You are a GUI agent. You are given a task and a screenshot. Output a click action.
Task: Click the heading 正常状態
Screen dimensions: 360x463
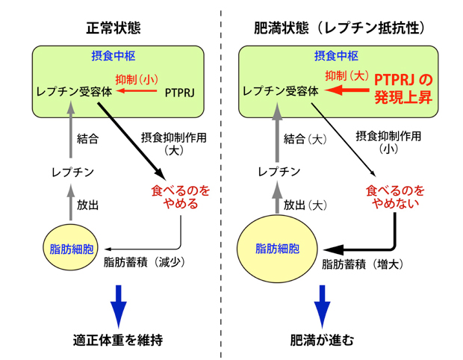114,28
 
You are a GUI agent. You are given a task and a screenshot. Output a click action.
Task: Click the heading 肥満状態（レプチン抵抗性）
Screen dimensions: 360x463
340,28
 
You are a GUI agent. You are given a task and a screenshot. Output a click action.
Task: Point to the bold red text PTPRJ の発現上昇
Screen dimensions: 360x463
403,87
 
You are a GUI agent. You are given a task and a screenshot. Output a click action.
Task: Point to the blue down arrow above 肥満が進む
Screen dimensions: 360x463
321,302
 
